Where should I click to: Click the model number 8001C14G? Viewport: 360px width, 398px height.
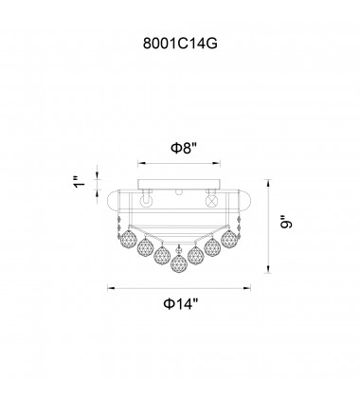180,44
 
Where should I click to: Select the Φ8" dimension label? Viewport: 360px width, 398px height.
184,148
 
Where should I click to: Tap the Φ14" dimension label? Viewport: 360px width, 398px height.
181,304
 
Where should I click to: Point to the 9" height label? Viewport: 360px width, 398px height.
286,222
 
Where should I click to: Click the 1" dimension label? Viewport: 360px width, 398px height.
80,182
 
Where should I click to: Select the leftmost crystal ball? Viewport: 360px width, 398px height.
129,239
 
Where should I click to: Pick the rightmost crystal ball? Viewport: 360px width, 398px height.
229,239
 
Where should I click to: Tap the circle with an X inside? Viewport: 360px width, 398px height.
212,201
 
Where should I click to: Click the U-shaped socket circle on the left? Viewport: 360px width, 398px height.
146,201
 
